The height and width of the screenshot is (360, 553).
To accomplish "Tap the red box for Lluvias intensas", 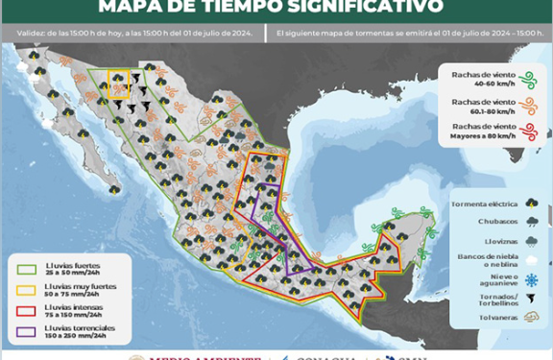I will [24, 308].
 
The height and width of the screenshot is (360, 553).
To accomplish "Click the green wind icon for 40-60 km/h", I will [526, 78].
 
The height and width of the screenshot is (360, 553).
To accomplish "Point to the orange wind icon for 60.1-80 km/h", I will [526, 103].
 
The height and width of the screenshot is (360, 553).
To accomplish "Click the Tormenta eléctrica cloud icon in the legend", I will [531, 204].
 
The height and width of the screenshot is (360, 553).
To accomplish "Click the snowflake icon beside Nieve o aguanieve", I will [531, 279].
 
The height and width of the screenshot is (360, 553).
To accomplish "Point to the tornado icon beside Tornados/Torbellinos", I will [531, 300].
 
